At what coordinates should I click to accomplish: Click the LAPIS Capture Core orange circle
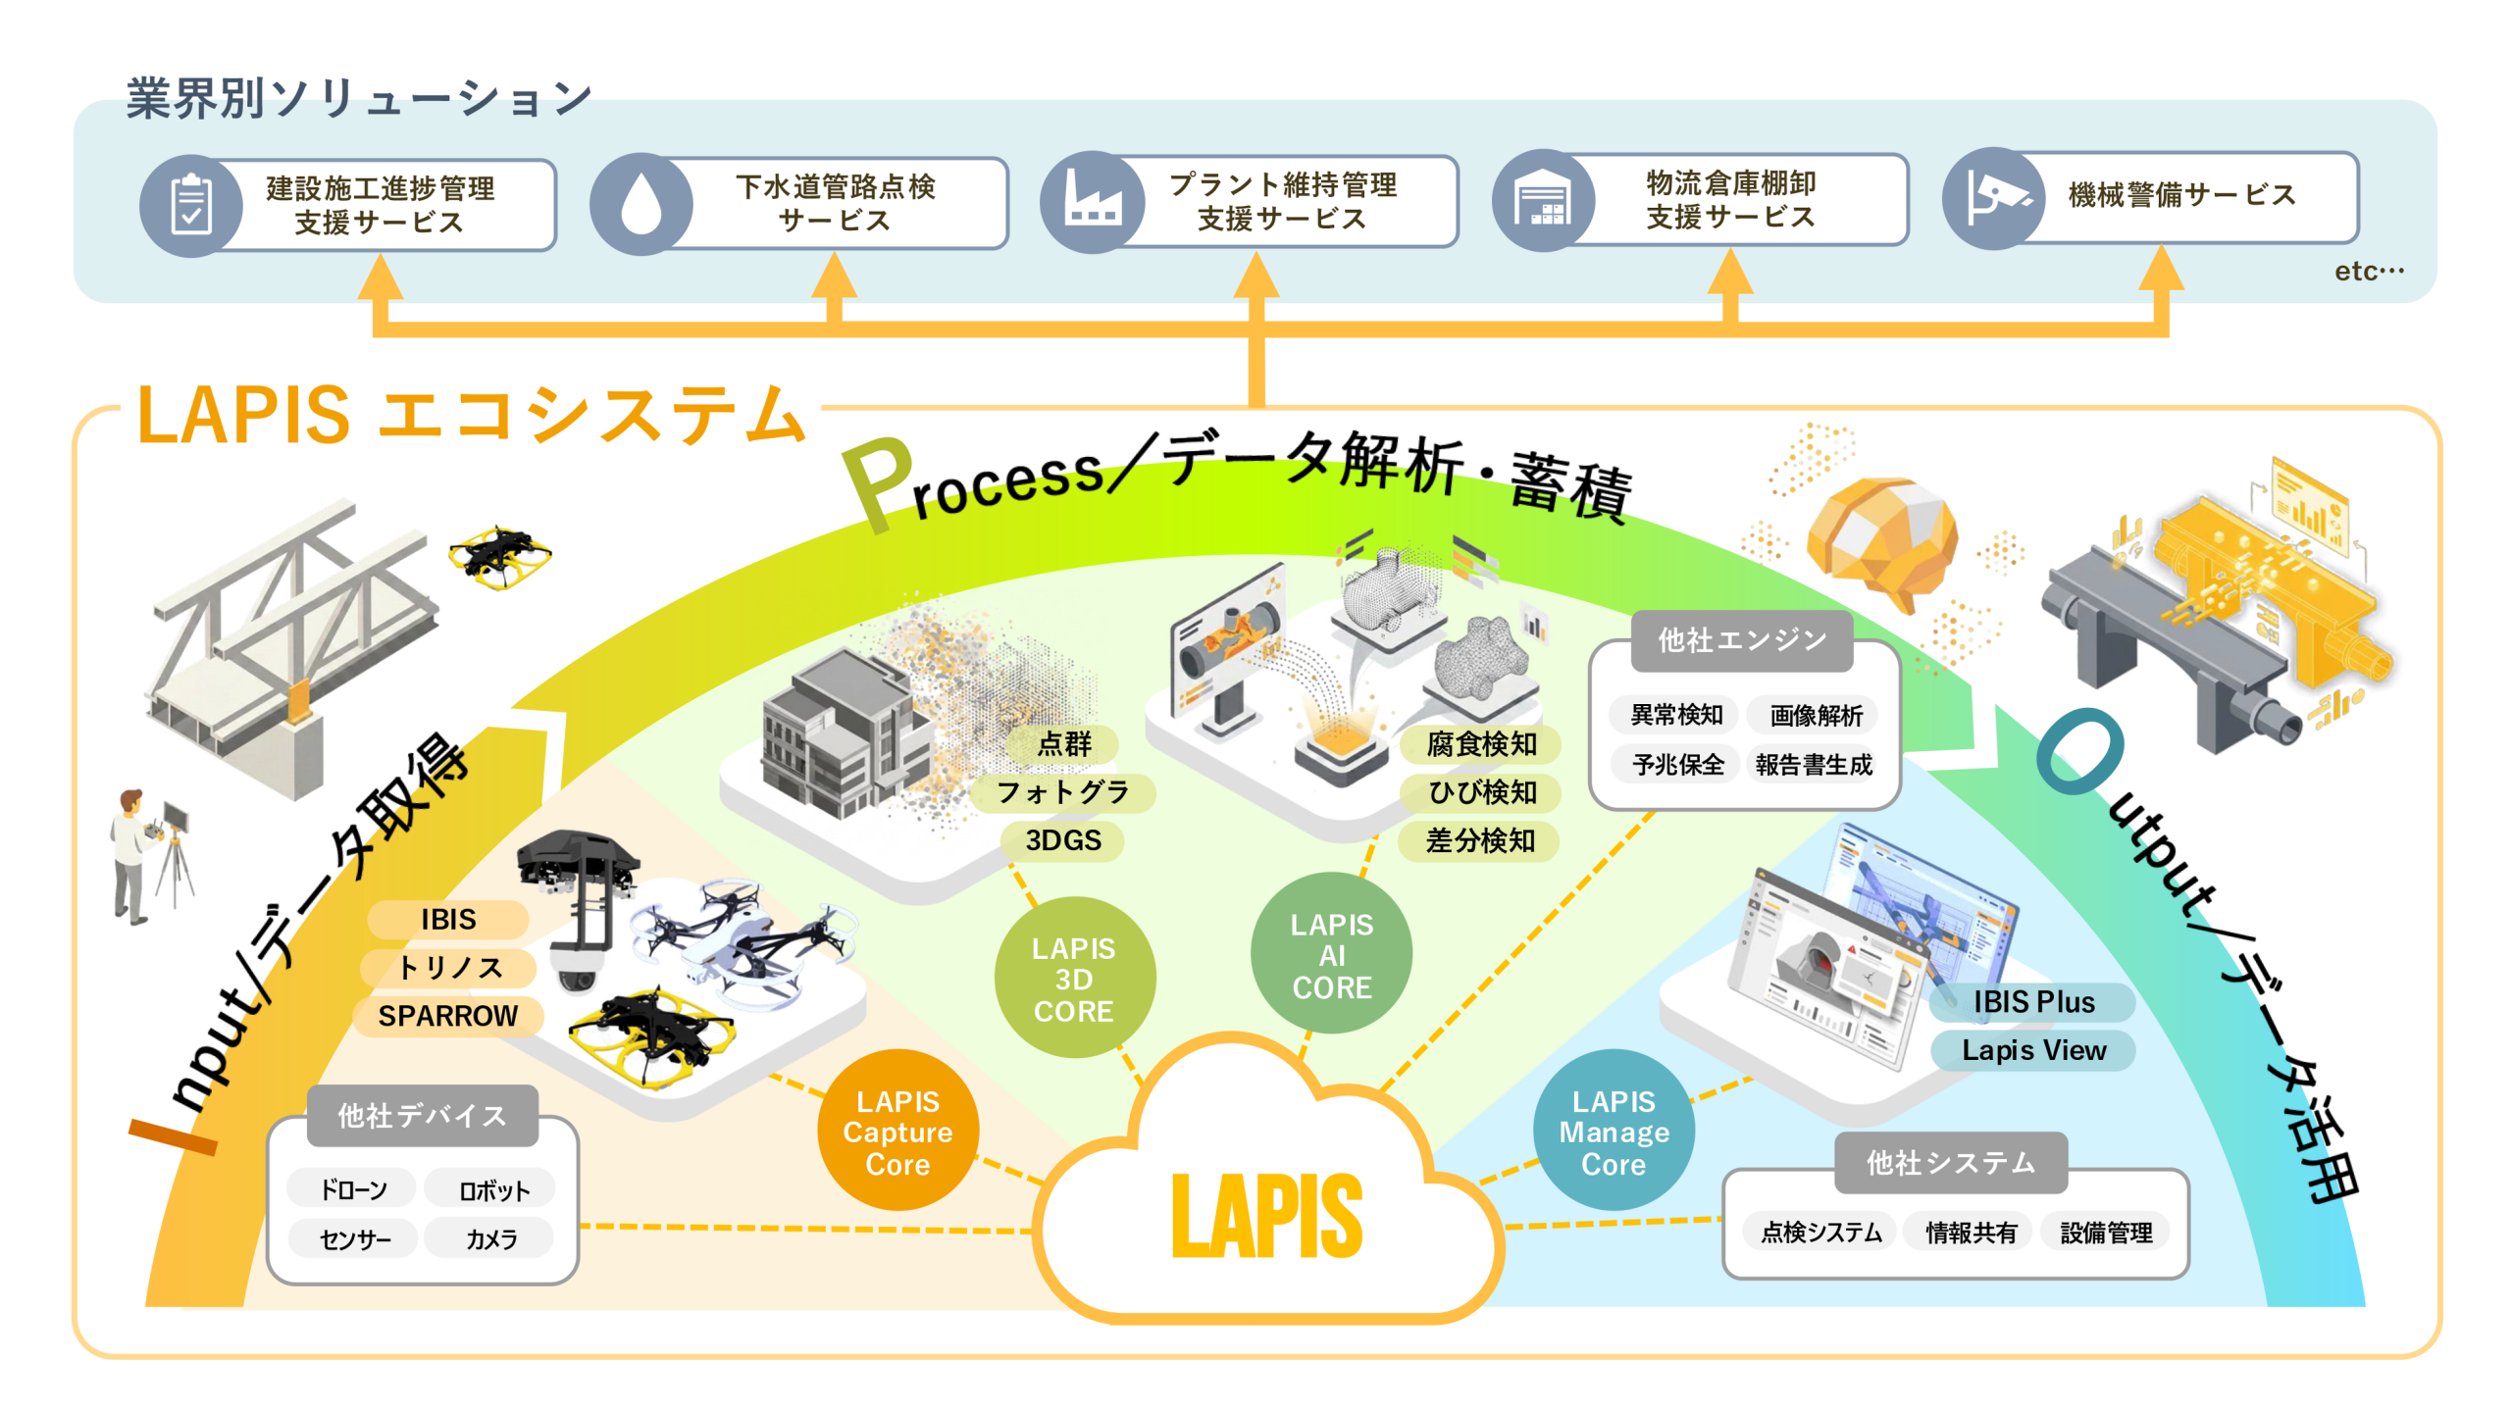click(897, 1130)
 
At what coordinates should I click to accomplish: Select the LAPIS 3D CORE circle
click(1074, 978)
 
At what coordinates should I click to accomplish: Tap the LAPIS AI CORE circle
click(1331, 953)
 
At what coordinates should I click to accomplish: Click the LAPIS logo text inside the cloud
click(1266, 1216)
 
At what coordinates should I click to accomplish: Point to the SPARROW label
click(448, 1016)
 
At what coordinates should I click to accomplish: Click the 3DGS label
click(1063, 840)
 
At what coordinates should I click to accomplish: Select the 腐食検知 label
click(1481, 744)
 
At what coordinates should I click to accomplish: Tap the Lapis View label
click(2033, 1050)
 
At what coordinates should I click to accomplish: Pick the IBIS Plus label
click(2033, 1002)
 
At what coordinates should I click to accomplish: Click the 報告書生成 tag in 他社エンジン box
click(1814, 764)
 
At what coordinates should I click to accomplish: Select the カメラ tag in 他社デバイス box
click(490, 1238)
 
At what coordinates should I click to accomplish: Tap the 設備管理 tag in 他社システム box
click(2106, 1232)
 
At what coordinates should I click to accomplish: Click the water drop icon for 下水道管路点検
click(641, 204)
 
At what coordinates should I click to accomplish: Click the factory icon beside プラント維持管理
click(1092, 202)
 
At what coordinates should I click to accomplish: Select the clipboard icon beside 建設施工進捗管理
click(191, 206)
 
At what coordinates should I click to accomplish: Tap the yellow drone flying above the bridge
click(500, 555)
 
